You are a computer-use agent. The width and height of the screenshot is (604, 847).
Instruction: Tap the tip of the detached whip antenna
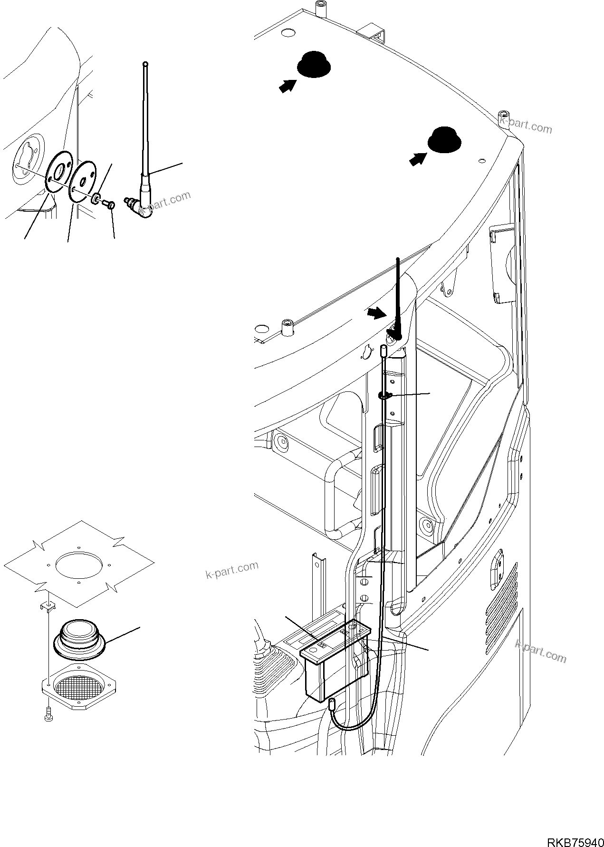[x=145, y=64]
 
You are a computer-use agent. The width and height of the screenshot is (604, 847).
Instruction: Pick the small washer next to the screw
[x=97, y=198]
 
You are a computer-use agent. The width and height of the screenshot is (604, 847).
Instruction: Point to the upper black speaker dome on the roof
[x=313, y=65]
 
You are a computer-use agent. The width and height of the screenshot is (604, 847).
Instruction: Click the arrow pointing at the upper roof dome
[x=287, y=86]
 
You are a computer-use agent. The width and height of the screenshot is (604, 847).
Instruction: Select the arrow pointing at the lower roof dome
[x=417, y=159]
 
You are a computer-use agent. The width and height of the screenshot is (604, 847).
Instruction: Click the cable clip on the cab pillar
[x=385, y=395]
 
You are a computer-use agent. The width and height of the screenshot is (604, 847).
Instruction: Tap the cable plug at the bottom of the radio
[x=333, y=703]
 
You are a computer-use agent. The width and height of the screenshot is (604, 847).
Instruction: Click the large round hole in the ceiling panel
[x=78, y=562]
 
